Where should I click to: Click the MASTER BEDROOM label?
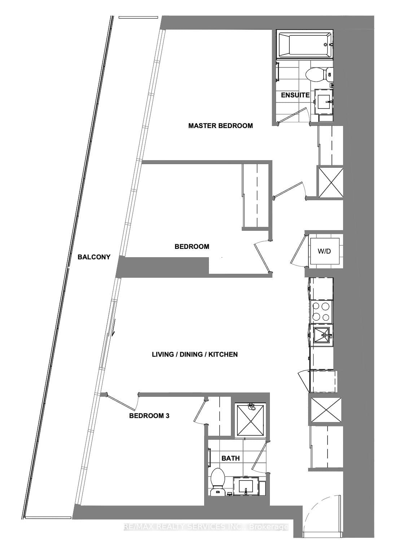point(220,126)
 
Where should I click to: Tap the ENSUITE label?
point(295,95)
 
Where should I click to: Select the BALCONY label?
point(94,257)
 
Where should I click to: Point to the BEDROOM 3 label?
point(149,416)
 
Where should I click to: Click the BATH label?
point(231,458)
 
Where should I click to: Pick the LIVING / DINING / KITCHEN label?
point(195,355)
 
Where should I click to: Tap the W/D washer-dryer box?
point(324,251)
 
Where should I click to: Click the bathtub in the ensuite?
point(304,45)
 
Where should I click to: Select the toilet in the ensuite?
point(319,75)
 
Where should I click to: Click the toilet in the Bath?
point(217,482)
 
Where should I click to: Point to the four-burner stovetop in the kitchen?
point(321,312)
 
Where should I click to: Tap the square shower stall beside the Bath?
point(250,420)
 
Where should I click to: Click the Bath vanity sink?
point(246,486)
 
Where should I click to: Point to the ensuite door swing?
point(294,116)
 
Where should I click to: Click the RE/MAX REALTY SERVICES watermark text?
point(206,527)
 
